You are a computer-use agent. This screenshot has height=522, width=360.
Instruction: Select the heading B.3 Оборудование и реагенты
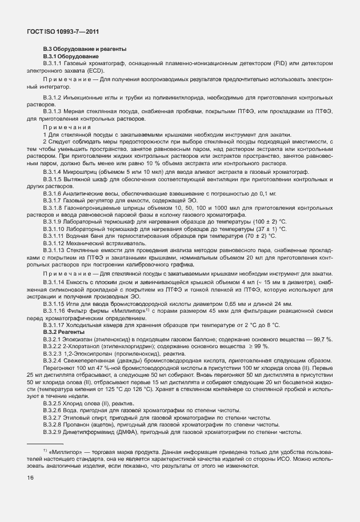point(85,50)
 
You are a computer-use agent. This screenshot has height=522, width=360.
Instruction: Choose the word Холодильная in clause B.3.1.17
point(82,325)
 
